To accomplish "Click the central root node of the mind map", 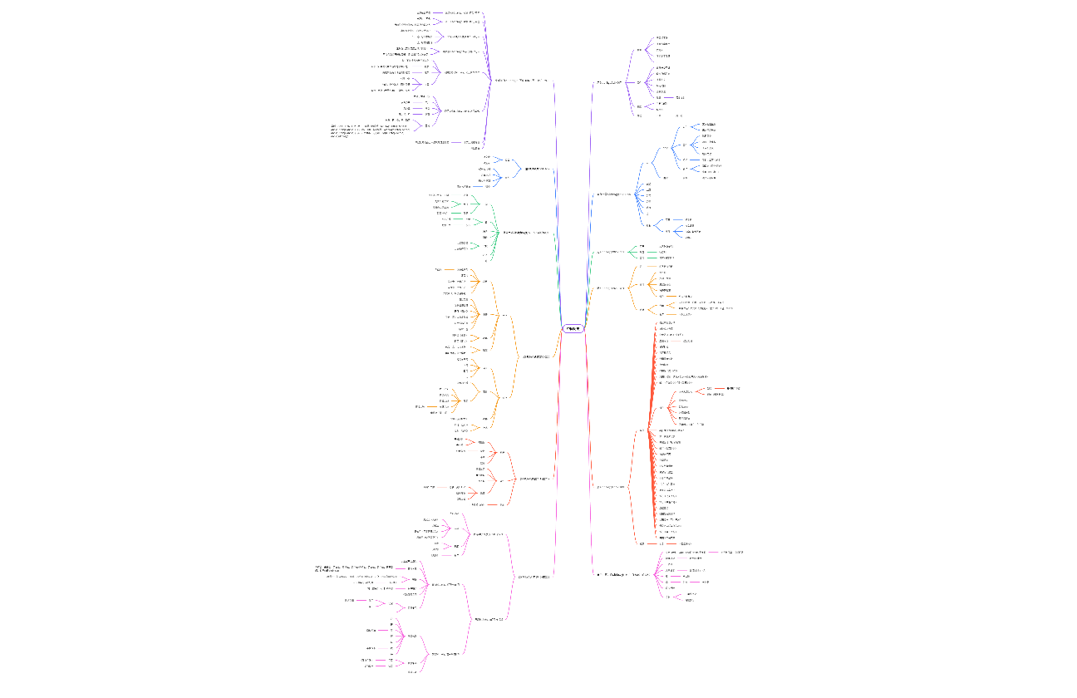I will [574, 329].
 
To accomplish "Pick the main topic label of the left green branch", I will [526, 233].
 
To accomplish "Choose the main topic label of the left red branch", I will [534, 479].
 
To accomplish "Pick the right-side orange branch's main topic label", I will [611, 288].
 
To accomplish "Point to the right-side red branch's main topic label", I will [611, 487].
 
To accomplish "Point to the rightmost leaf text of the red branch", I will [732, 388].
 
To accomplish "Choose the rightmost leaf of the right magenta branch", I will [731, 552].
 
